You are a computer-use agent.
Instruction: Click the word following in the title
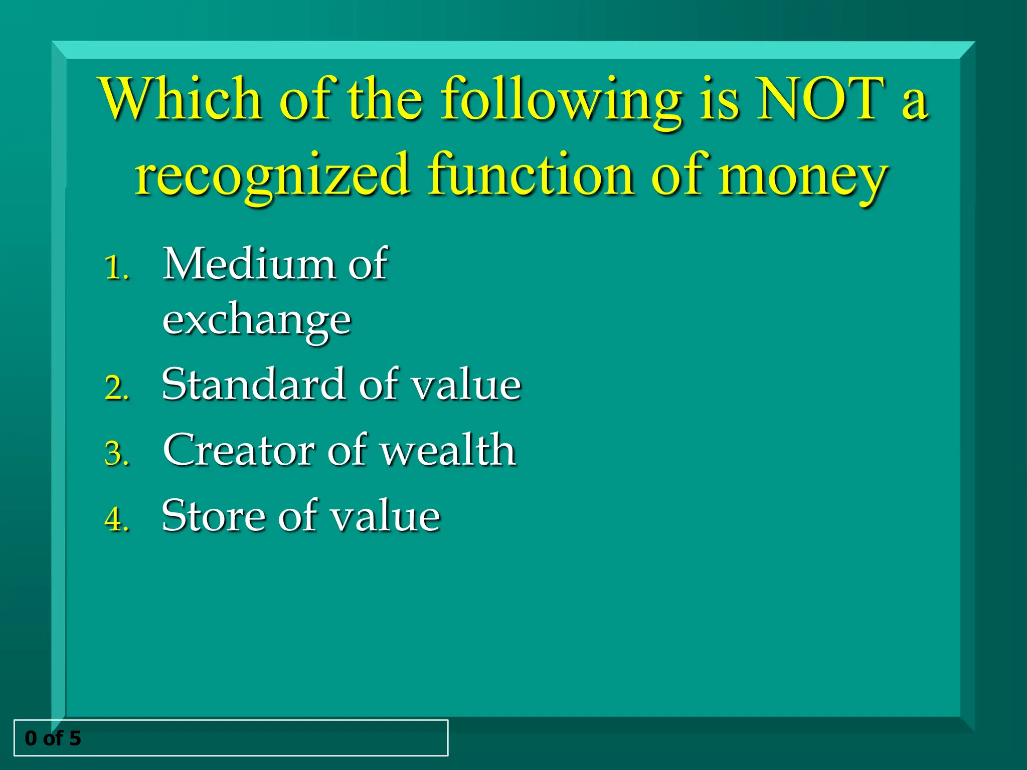tap(561, 100)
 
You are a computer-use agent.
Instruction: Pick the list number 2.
tap(117, 388)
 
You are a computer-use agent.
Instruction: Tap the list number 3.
tap(117, 454)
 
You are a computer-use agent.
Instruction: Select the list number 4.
tap(117, 519)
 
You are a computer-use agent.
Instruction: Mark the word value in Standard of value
tap(466, 384)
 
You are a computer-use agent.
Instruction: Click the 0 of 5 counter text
tap(53, 738)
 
